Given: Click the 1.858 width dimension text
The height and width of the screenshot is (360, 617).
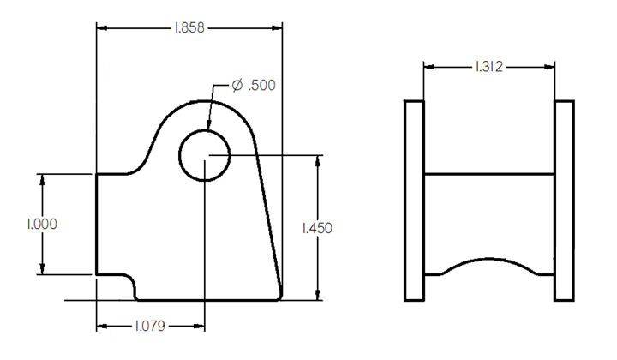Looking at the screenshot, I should tap(189, 28).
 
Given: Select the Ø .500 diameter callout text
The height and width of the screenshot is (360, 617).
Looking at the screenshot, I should tap(255, 87).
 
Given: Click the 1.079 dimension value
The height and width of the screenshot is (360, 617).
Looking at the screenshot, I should tap(150, 327).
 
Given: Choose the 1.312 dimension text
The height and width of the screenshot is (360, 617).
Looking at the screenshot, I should tap(488, 66).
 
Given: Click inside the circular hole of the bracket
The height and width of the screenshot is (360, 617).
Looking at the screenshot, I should tap(204, 156).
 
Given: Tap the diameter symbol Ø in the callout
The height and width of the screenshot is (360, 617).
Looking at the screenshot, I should tap(237, 87).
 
